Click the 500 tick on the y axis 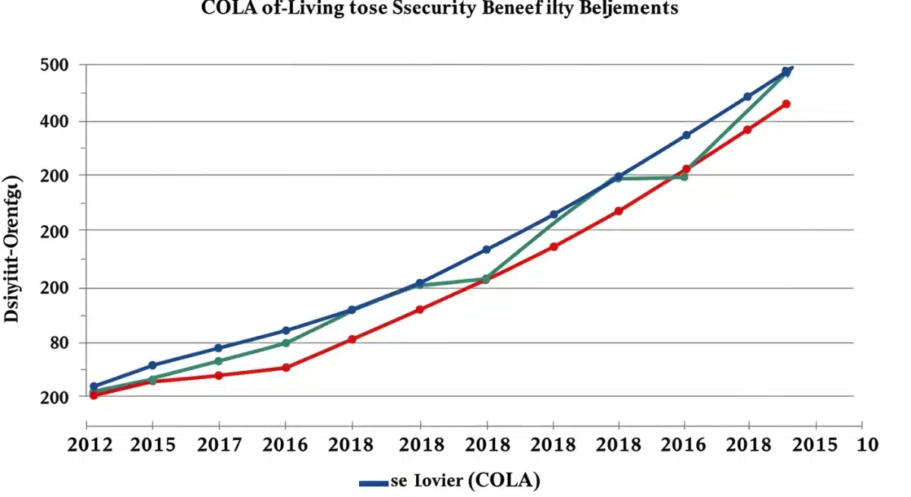point(54,65)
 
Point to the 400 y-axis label point(54,121)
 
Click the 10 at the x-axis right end point(867,445)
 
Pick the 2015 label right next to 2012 point(153,445)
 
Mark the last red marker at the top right point(786,104)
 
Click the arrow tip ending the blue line point(791,70)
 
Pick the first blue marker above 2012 point(94,387)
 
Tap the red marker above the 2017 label point(219,375)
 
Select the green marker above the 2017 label point(219,361)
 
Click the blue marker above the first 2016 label point(285,331)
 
